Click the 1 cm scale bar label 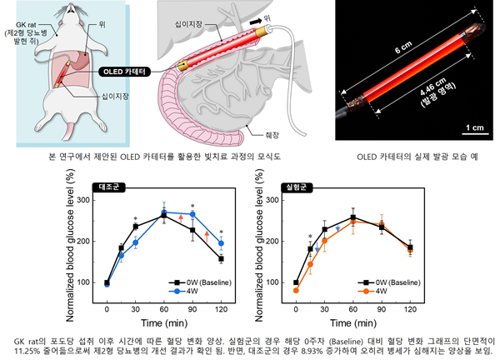pyautogui.click(x=472, y=127)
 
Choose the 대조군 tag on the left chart pyautogui.click(x=107, y=186)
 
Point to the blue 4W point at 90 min pyautogui.click(x=192, y=214)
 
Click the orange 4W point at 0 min pyautogui.click(x=296, y=290)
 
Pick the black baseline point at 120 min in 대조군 pyautogui.click(x=221, y=258)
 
